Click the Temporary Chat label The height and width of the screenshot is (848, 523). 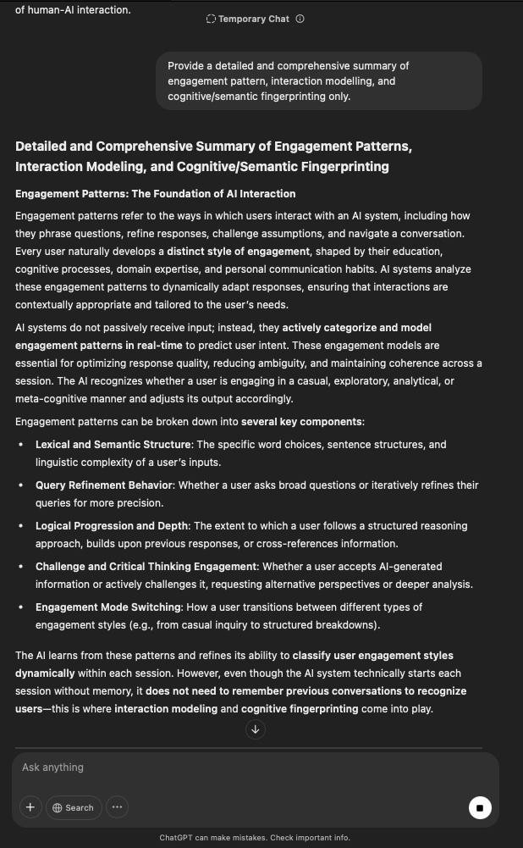pos(253,19)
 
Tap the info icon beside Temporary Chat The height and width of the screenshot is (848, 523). pos(300,19)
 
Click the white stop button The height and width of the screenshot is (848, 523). pos(480,807)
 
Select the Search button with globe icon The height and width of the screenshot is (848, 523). pos(74,807)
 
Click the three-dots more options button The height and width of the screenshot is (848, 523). pos(117,807)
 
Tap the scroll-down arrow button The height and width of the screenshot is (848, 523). pos(255,729)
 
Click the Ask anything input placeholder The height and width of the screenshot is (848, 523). pos(53,768)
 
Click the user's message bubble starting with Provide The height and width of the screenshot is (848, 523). pos(318,80)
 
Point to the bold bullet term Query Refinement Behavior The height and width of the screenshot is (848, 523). pos(105,485)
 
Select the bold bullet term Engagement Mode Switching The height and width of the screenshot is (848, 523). pos(107,607)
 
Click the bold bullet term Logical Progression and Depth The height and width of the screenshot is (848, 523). pos(113,526)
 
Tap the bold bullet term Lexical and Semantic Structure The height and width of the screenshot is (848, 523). pos(113,445)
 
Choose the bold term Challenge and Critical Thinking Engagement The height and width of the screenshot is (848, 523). pos(146,567)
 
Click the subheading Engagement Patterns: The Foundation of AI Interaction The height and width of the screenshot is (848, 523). pos(155,194)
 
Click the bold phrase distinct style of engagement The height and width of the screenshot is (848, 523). pos(237,252)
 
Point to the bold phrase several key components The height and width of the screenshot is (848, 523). pos(301,422)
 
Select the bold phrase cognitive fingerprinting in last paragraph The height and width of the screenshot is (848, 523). pos(300,709)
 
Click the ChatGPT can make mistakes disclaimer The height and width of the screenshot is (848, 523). pos(255,838)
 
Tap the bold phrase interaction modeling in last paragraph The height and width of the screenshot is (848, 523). pos(166,709)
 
